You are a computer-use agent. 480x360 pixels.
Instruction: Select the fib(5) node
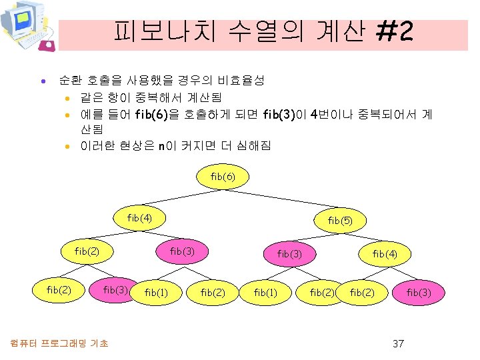340,221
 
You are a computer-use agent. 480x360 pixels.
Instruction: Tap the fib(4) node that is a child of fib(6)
139,217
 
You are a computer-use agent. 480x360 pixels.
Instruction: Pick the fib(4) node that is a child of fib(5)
385,254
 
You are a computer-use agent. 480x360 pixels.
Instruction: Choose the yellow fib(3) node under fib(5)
289,254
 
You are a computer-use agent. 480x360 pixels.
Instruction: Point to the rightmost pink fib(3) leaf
419,292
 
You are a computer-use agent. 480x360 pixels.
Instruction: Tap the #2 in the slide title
394,31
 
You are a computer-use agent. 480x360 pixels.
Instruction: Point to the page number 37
398,344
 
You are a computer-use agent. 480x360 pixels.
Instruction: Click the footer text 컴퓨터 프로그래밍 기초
60,343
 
